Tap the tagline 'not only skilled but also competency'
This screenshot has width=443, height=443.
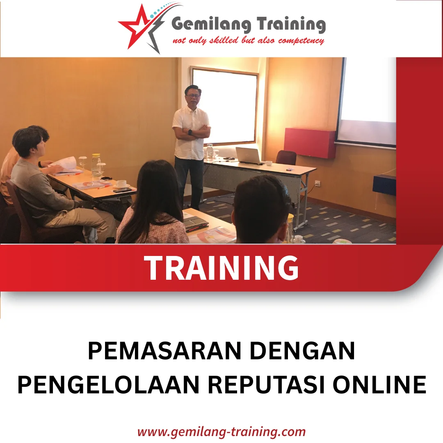click(248, 41)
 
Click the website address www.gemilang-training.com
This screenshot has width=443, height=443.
click(221, 432)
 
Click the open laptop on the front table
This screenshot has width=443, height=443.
click(249, 156)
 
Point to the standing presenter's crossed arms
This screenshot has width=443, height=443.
click(192, 133)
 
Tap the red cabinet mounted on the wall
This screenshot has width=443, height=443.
click(310, 143)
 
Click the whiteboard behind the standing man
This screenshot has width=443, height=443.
click(225, 106)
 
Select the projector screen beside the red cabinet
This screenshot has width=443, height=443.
click(367, 103)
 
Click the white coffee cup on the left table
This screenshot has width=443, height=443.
click(121, 184)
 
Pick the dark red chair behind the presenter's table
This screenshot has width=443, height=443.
click(286, 158)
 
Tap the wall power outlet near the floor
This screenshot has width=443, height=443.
click(317, 183)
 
